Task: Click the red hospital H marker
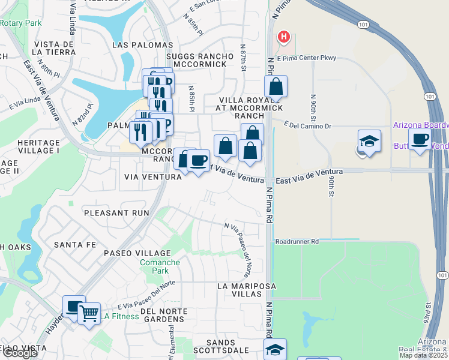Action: coord(284,37)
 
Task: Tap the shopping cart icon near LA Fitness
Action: coord(89,313)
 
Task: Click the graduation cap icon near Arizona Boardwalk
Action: coord(369,142)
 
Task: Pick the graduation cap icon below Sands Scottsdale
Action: coord(275,349)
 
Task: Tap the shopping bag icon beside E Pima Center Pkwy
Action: coord(276,86)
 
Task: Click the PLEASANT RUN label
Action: coord(116,213)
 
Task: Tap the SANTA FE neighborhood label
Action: coord(75,245)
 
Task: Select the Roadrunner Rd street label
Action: coord(297,241)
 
